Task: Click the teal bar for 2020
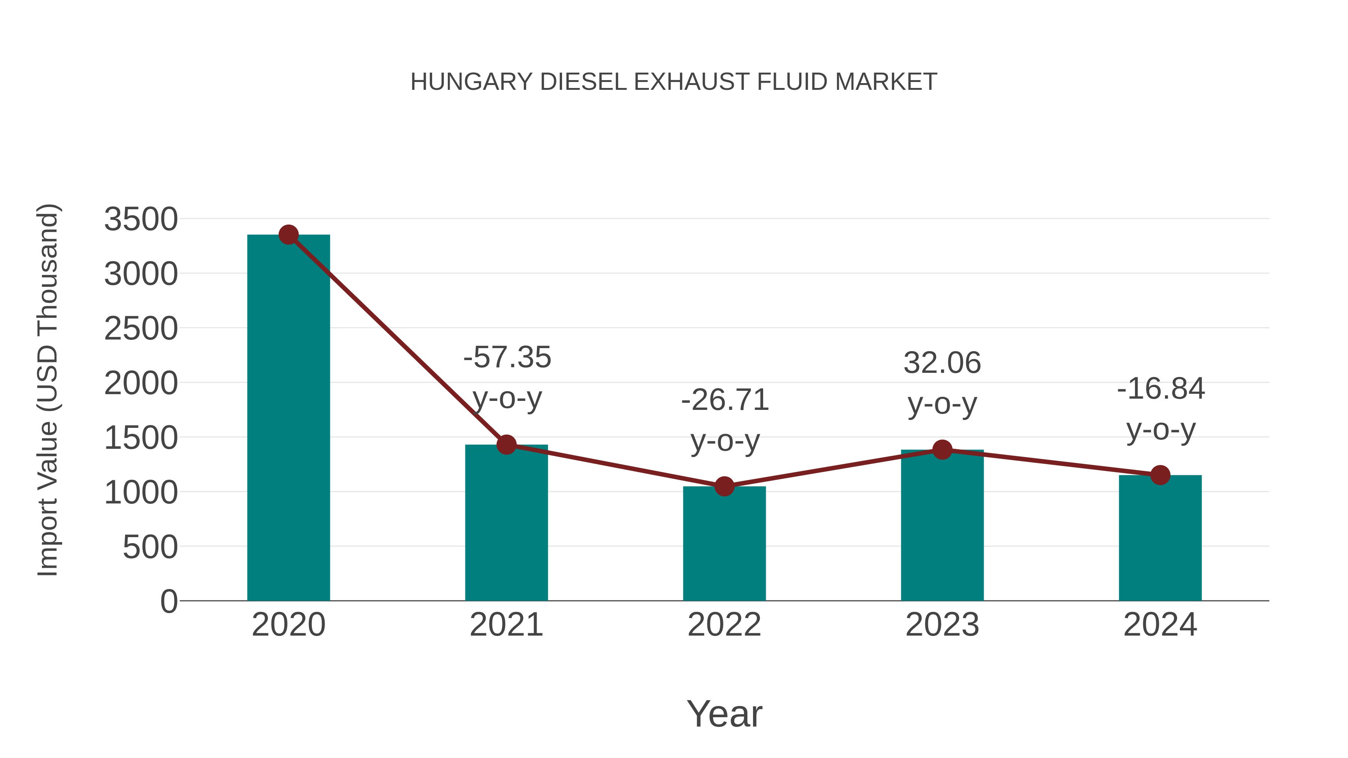tap(288, 418)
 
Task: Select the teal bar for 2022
tap(724, 544)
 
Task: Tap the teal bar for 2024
tap(1160, 539)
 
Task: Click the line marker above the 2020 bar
tap(288, 235)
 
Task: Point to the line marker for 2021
tap(507, 445)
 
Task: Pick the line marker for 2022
tap(724, 487)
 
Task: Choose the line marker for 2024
tap(1160, 475)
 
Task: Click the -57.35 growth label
tap(507, 357)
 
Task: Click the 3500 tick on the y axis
tap(141, 219)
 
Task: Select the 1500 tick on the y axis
tap(141, 438)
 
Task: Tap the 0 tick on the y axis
tap(168, 601)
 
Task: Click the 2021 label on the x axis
tap(507, 625)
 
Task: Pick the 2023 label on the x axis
tap(942, 625)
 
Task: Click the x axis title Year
tap(724, 713)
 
